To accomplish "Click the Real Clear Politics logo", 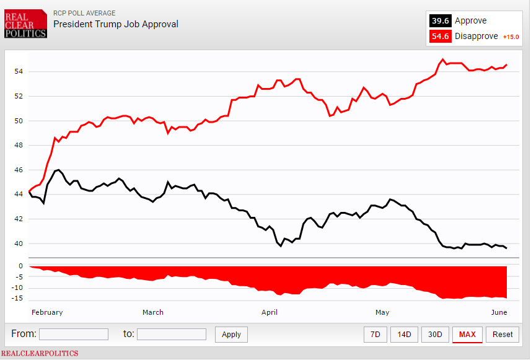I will [x=25, y=24].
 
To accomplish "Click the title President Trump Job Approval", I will [x=115, y=24].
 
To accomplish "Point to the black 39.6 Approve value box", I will [x=440, y=20].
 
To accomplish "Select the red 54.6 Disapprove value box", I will [x=440, y=36].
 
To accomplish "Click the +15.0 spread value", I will [x=511, y=37].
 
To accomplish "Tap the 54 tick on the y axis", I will [x=19, y=71].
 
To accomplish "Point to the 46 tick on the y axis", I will [x=19, y=170].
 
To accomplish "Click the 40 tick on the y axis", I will [x=19, y=244].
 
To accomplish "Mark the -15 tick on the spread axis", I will [x=19, y=299].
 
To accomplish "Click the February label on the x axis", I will [x=47, y=312].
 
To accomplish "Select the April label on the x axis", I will [x=270, y=312].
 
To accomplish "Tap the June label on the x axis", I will [x=499, y=312].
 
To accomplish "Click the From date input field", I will [x=73, y=335].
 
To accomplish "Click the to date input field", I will [x=171, y=335].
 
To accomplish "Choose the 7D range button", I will [x=375, y=335].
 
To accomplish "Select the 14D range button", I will [x=404, y=335].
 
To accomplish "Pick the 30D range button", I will [x=435, y=335].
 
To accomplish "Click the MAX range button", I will [x=467, y=335].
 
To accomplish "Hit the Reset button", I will [x=502, y=335].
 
